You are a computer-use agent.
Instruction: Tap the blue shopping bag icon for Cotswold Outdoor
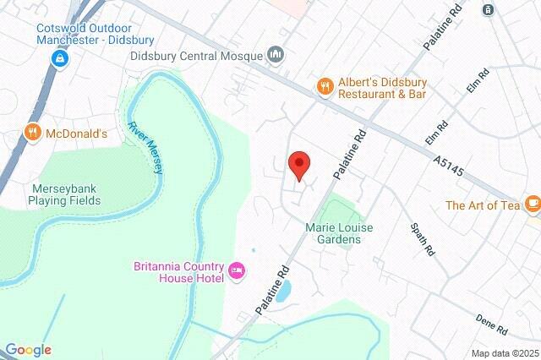(60, 57)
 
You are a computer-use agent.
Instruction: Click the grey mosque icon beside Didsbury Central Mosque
(276, 56)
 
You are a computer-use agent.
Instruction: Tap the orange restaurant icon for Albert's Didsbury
(324, 85)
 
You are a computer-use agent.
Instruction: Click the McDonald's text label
(76, 133)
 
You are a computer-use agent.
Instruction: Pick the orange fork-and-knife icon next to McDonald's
(32, 132)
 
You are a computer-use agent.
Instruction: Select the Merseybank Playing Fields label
(64, 194)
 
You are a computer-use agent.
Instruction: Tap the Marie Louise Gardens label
(339, 233)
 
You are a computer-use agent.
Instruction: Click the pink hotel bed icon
(238, 270)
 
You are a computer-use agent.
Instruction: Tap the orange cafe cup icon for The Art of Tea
(532, 204)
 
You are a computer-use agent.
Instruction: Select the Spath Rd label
(421, 239)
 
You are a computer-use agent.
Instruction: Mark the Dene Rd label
(491, 324)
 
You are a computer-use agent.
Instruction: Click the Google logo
(27, 350)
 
